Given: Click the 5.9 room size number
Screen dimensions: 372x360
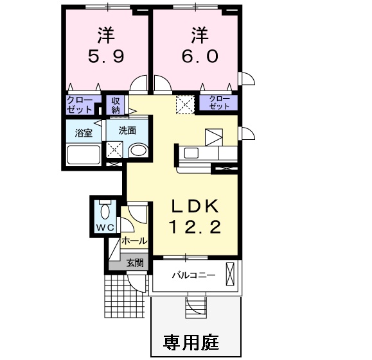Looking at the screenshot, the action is (106, 56).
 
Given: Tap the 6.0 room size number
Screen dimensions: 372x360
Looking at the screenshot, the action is (200, 56).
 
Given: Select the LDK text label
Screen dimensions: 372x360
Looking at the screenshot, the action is (195, 207).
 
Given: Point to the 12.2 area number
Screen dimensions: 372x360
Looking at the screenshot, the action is (195, 227).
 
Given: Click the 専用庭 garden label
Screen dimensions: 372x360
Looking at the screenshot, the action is (191, 342).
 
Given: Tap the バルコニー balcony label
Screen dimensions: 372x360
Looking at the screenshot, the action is (194, 275).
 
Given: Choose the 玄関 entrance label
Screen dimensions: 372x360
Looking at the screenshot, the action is (134, 262).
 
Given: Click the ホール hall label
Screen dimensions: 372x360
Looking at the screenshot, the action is (134, 241).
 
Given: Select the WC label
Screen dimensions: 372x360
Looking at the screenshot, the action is (105, 228).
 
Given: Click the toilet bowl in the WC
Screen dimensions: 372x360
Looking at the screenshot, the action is (105, 210).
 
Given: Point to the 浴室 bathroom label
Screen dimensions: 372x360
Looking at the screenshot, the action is (84, 133).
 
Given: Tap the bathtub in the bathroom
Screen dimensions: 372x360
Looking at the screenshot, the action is (84, 155).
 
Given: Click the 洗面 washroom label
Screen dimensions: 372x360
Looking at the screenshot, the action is (127, 130).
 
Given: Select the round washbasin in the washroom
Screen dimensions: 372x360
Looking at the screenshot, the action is (138, 151).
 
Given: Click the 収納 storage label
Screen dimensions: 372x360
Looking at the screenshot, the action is (116, 105).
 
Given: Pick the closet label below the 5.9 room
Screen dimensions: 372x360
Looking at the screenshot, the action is (80, 105).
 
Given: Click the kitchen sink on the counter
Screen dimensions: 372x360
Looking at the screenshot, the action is (191, 153).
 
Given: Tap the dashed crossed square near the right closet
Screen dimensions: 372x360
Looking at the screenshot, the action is (185, 105).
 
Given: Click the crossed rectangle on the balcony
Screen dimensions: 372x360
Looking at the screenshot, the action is (230, 274).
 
